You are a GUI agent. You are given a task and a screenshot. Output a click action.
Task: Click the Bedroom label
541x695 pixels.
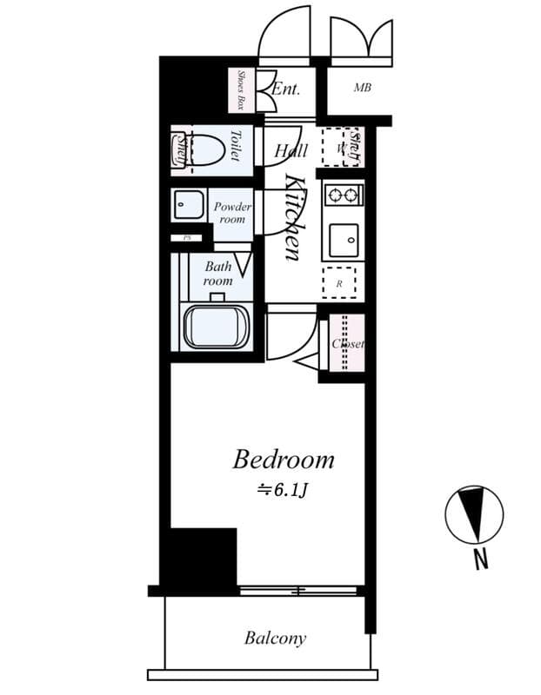pos(284,460)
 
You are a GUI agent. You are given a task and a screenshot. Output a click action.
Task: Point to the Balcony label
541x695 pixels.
pos(275,639)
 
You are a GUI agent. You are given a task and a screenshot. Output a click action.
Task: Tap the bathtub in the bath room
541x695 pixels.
pos(216,326)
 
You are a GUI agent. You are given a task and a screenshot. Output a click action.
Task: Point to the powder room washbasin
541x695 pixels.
pos(187,206)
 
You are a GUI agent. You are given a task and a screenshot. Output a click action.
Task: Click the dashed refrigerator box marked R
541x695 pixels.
pos(340,282)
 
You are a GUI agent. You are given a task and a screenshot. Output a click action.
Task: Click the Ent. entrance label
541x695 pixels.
pos(285,89)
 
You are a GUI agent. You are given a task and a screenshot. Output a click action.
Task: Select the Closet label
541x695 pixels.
pos(348,344)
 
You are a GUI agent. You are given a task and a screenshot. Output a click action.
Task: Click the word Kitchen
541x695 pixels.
pos(294,217)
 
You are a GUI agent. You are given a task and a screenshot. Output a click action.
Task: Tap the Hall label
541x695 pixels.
pos(291,151)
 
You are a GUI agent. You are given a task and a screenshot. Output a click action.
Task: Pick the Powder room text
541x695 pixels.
pos(232,213)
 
